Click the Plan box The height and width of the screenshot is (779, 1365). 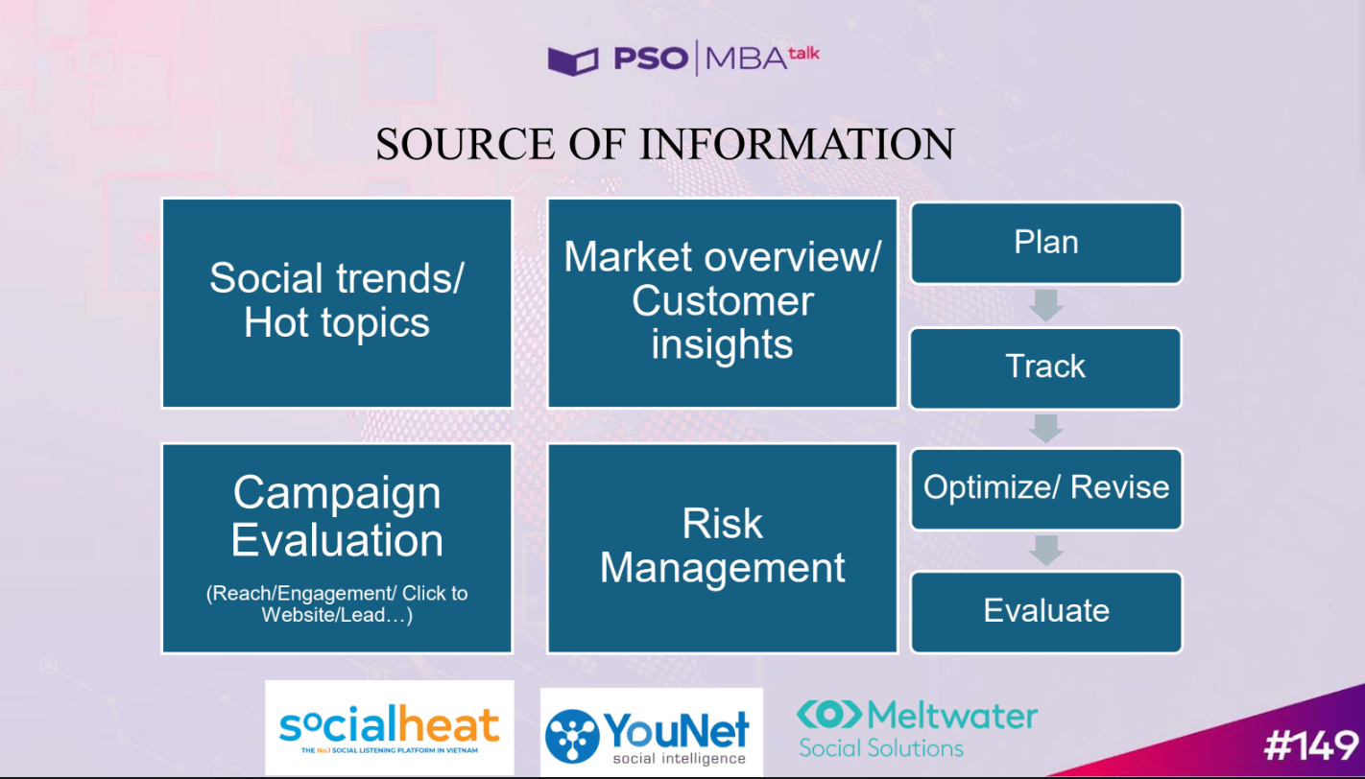pos(1045,243)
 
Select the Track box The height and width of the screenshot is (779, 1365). pos(1045,367)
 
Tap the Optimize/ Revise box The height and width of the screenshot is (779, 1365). pos(1045,489)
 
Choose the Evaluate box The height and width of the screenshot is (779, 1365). pos(1045,611)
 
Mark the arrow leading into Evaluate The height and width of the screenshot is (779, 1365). pos(1045,551)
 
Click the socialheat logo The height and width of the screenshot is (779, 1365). pos(390,728)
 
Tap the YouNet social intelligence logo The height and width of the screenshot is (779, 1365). pos(652,732)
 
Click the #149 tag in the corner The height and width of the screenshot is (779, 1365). pos(1311,745)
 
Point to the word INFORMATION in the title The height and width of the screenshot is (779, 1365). pos(797,144)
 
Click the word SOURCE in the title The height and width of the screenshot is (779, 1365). pos(466,144)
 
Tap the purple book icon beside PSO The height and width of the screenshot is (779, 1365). pos(573,60)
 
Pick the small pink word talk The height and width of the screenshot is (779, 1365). pos(803,55)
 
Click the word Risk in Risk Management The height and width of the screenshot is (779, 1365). pos(722,523)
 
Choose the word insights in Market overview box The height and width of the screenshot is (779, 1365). pos(722,344)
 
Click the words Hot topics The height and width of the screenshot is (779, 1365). pos(336,322)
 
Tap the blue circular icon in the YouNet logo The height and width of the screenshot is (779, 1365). pos(572,736)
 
